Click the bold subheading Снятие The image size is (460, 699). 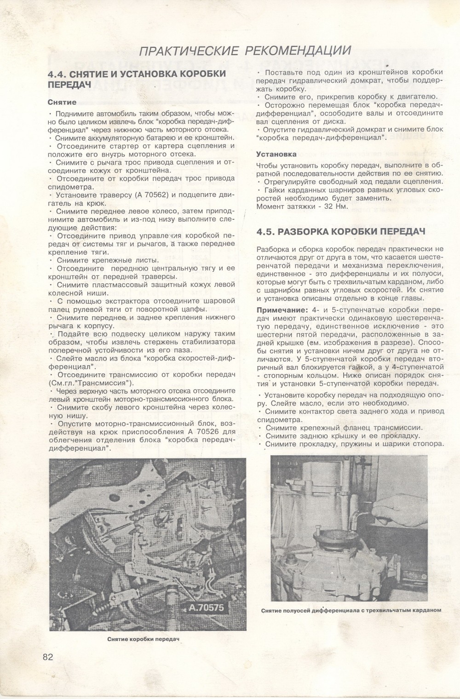pos(62,102)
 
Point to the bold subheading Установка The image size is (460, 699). pos(276,154)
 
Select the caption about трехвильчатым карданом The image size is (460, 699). pos(351,610)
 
